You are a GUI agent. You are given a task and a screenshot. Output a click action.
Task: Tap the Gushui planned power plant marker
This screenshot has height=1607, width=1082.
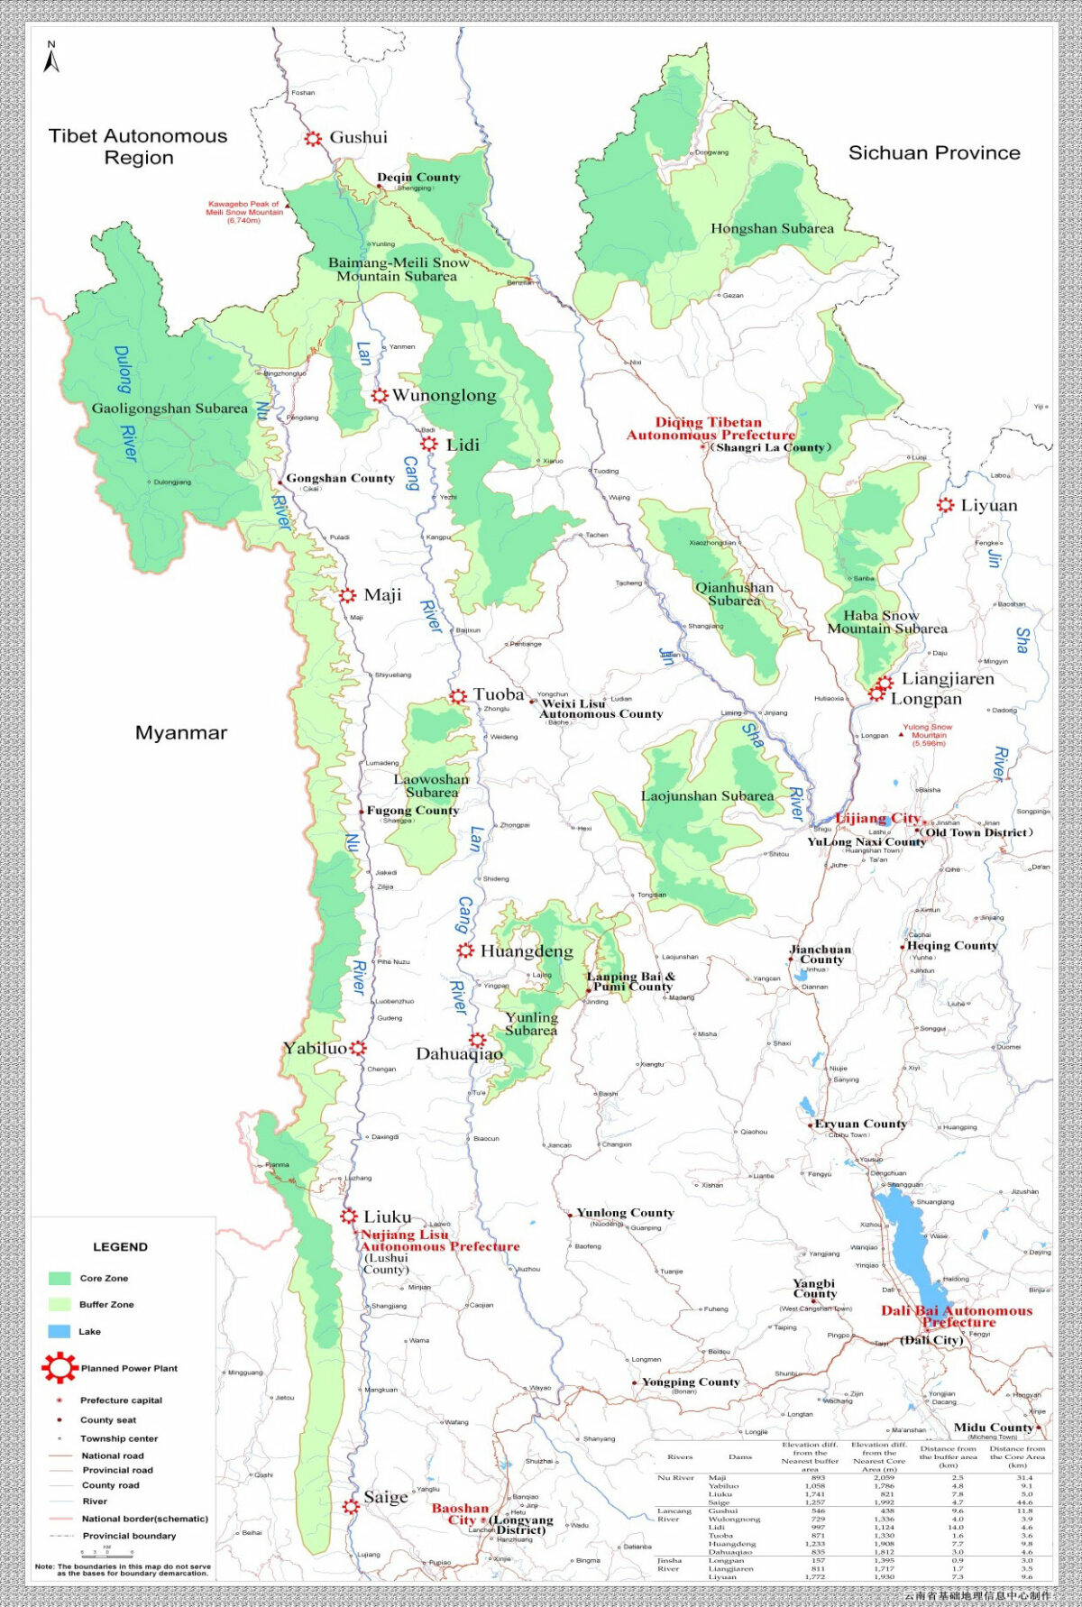[313, 139]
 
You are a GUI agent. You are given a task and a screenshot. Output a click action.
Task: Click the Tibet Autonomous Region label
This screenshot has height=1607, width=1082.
[138, 147]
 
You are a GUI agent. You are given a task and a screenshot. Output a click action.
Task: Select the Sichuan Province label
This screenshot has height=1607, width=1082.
[934, 153]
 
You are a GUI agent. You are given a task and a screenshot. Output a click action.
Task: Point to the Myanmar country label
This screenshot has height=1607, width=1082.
[181, 733]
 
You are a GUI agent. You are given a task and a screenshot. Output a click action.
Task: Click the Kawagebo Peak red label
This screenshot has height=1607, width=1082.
[243, 212]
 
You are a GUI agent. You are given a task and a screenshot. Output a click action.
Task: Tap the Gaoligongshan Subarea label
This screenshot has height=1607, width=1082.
[170, 409]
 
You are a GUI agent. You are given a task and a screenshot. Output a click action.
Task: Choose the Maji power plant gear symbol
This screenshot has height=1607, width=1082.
[347, 595]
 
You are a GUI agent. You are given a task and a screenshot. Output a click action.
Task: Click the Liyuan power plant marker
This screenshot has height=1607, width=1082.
[945, 505]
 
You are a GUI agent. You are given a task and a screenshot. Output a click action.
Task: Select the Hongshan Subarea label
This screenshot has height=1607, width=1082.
[772, 229]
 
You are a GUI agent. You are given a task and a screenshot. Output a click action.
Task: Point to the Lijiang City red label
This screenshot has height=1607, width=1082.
[877, 818]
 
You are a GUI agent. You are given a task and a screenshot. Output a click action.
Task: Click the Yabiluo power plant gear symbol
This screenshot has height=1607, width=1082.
[358, 1048]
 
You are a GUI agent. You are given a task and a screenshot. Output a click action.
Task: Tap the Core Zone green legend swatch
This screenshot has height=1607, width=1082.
[60, 1279]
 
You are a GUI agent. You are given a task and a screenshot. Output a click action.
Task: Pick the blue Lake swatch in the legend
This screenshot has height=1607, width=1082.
[60, 1332]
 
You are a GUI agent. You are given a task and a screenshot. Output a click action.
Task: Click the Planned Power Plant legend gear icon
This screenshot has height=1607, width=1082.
[60, 1368]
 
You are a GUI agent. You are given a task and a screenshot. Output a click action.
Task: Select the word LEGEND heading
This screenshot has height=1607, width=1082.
[120, 1247]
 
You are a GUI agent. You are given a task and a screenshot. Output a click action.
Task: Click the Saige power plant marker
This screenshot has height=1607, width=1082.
[351, 1506]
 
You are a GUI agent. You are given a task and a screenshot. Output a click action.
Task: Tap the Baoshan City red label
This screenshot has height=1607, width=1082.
[460, 1514]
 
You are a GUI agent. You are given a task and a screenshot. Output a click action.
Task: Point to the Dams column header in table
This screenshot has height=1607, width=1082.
[739, 1456]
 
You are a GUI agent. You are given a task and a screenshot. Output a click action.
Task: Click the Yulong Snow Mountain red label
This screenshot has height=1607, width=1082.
[928, 735]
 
